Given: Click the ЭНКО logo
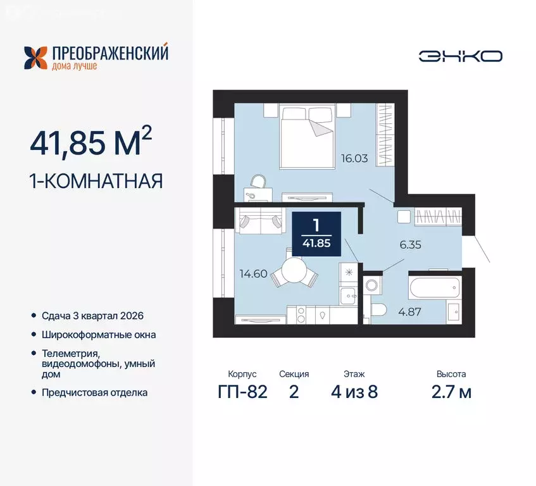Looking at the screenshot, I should [x=460, y=56].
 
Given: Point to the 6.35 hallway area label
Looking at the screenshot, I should [x=409, y=243].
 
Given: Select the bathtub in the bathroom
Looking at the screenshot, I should [x=434, y=287].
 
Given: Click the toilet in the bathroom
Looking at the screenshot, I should [x=378, y=310].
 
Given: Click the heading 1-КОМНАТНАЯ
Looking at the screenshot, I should [x=96, y=181].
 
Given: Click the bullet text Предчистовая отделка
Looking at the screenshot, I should [x=95, y=392].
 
